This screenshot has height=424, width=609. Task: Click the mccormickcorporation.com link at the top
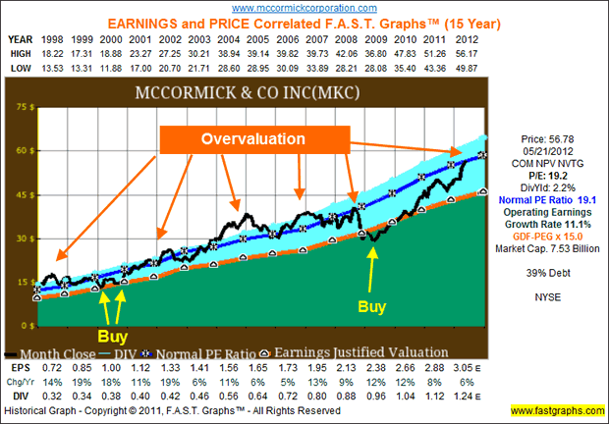(305, 7)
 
